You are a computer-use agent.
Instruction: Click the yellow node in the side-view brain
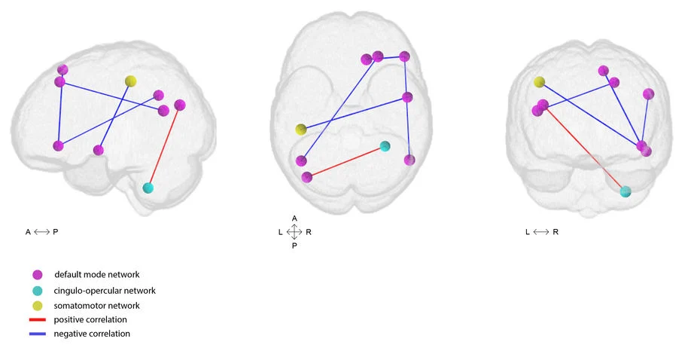130,81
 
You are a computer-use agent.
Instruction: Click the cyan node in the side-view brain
148,188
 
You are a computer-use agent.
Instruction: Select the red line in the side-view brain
164,146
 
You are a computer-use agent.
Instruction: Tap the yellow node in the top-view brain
300,130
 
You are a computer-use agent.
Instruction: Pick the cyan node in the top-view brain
385,146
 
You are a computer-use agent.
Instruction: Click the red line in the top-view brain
346,162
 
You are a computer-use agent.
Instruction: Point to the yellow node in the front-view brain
539,81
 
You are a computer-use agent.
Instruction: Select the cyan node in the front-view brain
626,191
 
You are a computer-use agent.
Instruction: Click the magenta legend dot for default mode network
38,275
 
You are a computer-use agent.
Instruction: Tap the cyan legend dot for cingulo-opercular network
38,291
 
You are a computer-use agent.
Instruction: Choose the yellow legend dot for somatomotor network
38,306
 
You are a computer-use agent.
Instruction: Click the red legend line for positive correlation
38,319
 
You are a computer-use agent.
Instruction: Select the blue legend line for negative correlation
38,334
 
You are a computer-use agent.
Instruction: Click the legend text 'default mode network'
97,274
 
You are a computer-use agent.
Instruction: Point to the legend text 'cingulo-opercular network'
105,291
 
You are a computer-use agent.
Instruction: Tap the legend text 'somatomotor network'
96,306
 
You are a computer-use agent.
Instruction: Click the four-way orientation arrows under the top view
294,232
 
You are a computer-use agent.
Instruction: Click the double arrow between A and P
41,232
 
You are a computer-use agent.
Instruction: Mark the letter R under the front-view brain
556,232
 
